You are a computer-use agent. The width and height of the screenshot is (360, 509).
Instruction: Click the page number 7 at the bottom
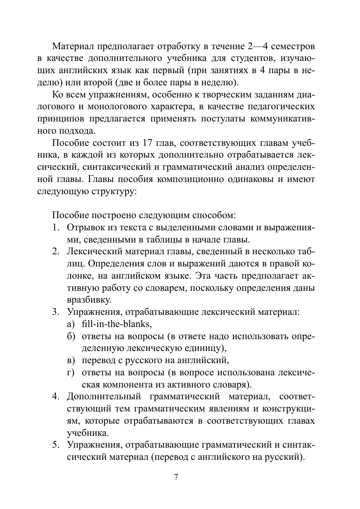176,477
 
